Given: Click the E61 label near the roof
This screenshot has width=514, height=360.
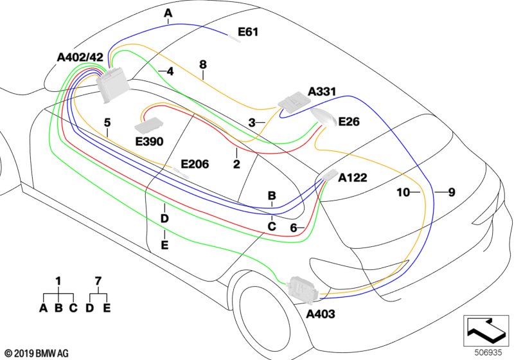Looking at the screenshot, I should [x=248, y=32].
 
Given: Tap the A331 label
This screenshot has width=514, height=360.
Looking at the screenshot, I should [x=322, y=93].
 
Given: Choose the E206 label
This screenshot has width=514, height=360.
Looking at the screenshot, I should [x=194, y=165].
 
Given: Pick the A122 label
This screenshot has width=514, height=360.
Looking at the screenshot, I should [x=353, y=177].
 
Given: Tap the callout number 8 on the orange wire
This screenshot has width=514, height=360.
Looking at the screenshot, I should [x=203, y=64].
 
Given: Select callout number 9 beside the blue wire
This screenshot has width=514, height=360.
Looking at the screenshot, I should [x=451, y=192].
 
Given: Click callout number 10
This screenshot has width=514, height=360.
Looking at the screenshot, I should [x=403, y=192].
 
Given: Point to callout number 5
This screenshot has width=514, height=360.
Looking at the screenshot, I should [x=107, y=122].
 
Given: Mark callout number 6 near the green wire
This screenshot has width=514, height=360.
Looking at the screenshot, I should [x=293, y=228].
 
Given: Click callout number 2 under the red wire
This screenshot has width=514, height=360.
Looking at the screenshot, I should [x=236, y=165].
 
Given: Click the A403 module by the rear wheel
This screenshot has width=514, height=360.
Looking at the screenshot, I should [x=302, y=287].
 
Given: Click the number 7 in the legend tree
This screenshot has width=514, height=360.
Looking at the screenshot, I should [x=98, y=281].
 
